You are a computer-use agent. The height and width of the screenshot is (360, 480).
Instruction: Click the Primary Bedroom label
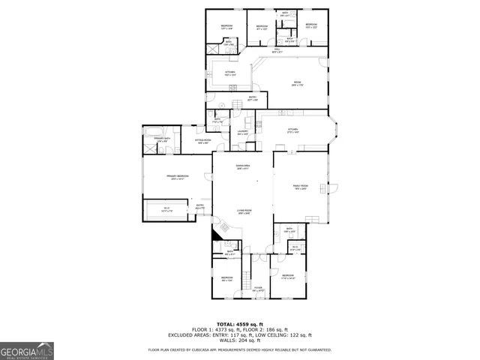[178, 177]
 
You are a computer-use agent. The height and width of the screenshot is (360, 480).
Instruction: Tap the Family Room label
[300, 187]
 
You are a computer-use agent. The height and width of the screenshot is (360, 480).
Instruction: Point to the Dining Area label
[242, 166]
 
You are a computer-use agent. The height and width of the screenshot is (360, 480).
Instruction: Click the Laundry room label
[242, 133]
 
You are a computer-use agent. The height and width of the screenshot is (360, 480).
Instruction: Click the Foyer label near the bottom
[257, 289]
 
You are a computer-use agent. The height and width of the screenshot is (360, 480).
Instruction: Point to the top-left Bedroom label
[226, 26]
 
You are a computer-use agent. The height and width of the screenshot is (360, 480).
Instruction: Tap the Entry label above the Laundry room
[253, 97]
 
